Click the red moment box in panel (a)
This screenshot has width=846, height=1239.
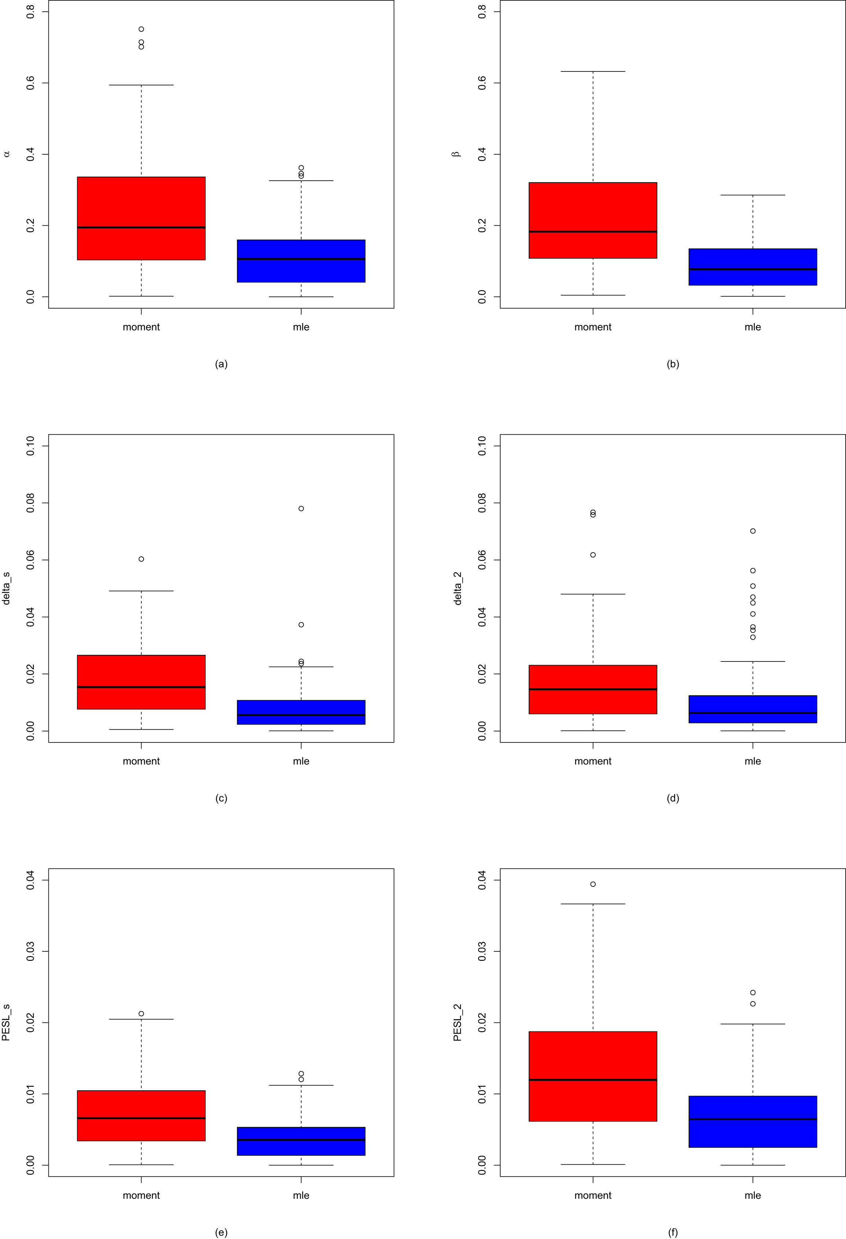click(x=141, y=203)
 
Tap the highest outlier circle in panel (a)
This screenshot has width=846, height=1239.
click(x=141, y=29)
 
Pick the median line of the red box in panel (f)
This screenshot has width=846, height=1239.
click(x=593, y=1080)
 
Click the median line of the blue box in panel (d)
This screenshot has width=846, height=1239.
click(x=752, y=713)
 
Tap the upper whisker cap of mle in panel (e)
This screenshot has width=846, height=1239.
click(x=301, y=1085)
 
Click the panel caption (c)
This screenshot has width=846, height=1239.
click(x=221, y=798)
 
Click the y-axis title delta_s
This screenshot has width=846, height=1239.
click(x=6, y=588)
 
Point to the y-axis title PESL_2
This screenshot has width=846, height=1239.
click(x=457, y=1022)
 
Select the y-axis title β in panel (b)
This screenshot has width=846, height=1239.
click(x=456, y=154)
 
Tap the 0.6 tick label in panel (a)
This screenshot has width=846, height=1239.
click(x=30, y=83)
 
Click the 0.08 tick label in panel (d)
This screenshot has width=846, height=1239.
click(x=482, y=503)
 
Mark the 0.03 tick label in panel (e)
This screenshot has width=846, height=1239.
click(x=30, y=952)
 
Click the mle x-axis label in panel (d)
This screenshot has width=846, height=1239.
click(x=752, y=761)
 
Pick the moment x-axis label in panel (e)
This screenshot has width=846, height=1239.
click(x=141, y=1195)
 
